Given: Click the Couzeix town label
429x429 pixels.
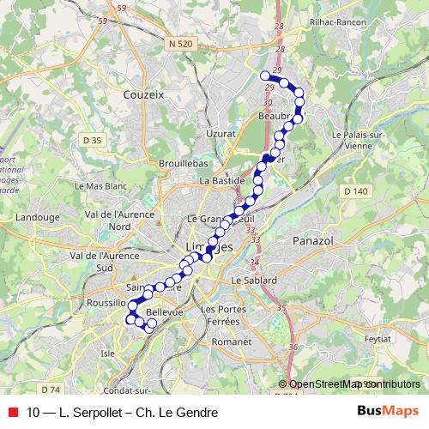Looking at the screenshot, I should click(143, 94).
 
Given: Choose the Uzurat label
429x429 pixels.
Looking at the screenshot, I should click(221, 133).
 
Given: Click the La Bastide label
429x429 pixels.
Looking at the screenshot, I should click(218, 181).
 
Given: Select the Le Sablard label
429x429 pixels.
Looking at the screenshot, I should click(254, 281).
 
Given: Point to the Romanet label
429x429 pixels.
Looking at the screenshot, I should click(232, 341).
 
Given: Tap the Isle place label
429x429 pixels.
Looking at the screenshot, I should click(108, 352).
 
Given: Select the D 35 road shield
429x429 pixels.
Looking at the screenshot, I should click(92, 139).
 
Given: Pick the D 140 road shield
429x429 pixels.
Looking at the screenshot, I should click(358, 190).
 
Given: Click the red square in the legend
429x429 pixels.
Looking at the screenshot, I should click(13, 413).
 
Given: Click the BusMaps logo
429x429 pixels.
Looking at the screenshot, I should click(388, 412).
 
